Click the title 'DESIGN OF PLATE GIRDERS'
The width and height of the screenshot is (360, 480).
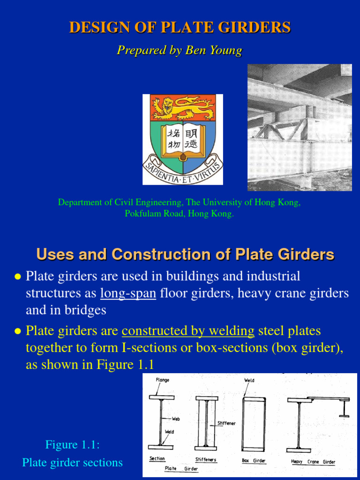tap(180, 27)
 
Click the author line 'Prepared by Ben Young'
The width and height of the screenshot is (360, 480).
tap(180, 50)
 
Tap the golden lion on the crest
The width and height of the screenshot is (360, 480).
tap(183, 107)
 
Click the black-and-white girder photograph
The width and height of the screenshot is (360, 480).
tap(300, 127)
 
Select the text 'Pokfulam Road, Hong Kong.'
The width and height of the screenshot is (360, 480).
tap(179, 214)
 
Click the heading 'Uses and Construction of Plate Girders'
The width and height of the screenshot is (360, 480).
tap(185, 255)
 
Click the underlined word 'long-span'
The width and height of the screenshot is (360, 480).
tap(128, 293)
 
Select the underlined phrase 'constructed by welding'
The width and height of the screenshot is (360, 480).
tap(188, 331)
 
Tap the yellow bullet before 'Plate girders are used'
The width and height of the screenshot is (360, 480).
tap(18, 277)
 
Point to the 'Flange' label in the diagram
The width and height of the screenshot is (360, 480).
tap(162, 380)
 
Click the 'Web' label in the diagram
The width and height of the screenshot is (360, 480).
tap(176, 419)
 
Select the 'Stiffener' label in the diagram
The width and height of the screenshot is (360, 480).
tap(226, 423)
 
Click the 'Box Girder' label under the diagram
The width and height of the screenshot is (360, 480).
tap(254, 461)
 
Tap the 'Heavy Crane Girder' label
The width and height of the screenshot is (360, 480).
tap(313, 462)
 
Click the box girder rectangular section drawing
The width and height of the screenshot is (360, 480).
tap(254, 424)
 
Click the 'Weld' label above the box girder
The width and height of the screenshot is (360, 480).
tap(249, 380)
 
